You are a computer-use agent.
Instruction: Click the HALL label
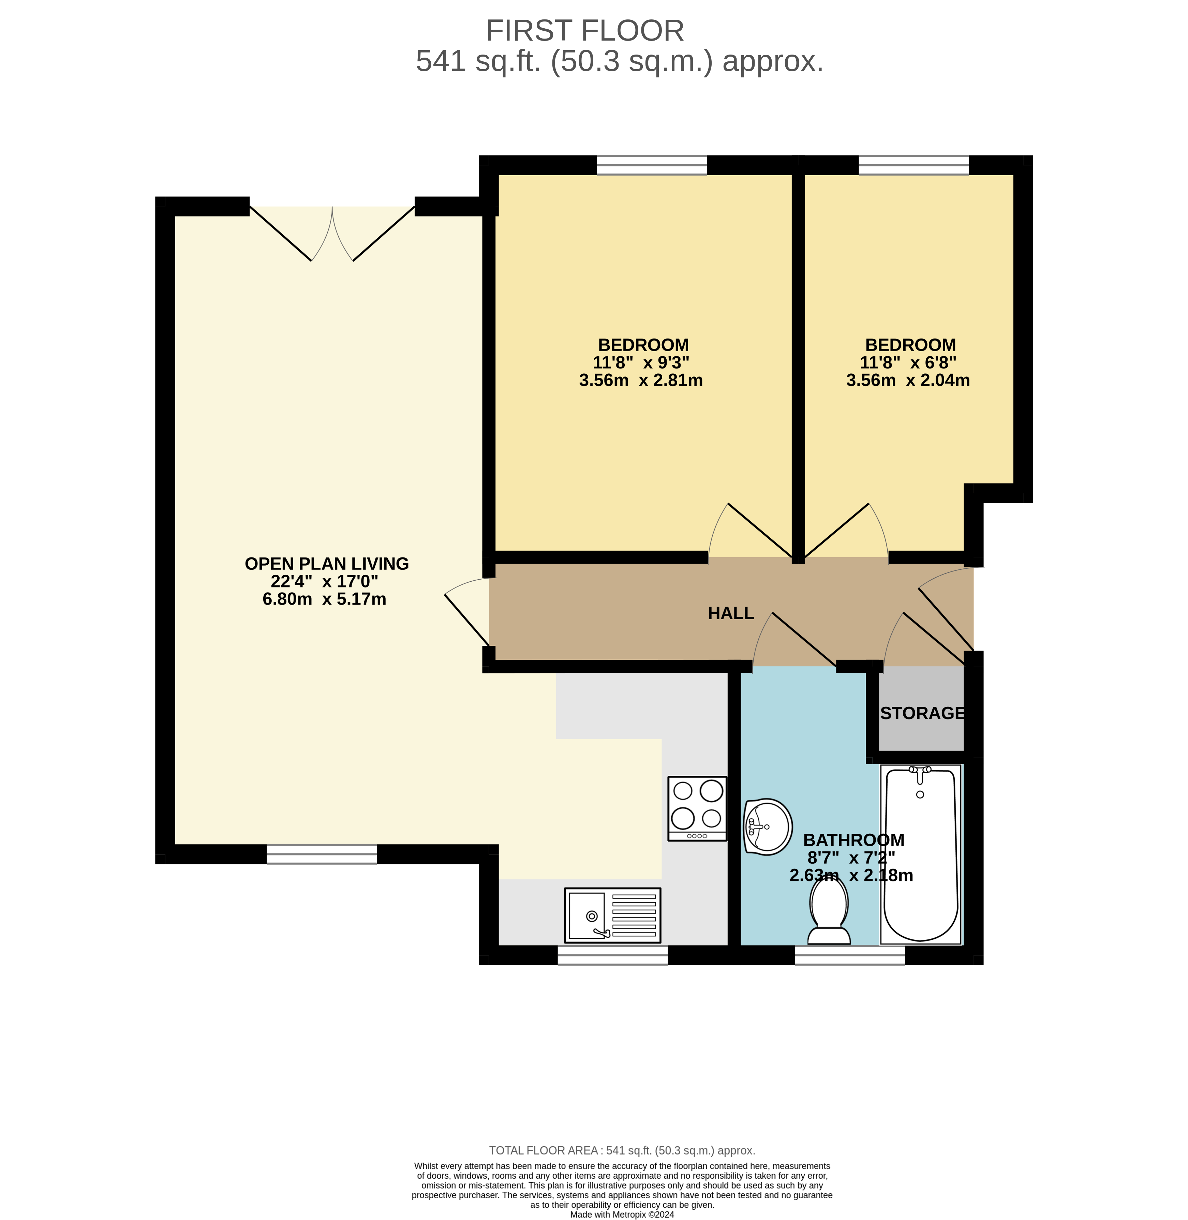coord(731,613)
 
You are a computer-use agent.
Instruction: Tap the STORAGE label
coord(922,713)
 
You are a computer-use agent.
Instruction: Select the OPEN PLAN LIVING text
coord(326,564)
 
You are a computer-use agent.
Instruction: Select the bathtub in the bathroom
coord(920,854)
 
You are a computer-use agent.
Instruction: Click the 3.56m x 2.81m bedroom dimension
coord(641,380)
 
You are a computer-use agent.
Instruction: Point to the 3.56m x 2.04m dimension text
coord(908,380)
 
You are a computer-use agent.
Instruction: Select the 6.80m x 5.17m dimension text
coord(325,599)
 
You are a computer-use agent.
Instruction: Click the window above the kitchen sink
coord(612,955)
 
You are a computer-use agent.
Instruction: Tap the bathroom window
coord(849,955)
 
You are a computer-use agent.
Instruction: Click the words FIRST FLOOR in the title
coord(585,31)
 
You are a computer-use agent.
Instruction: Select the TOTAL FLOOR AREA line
coord(622,1150)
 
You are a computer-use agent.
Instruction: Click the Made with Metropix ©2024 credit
coord(622,1215)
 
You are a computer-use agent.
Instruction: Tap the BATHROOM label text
coord(853,840)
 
